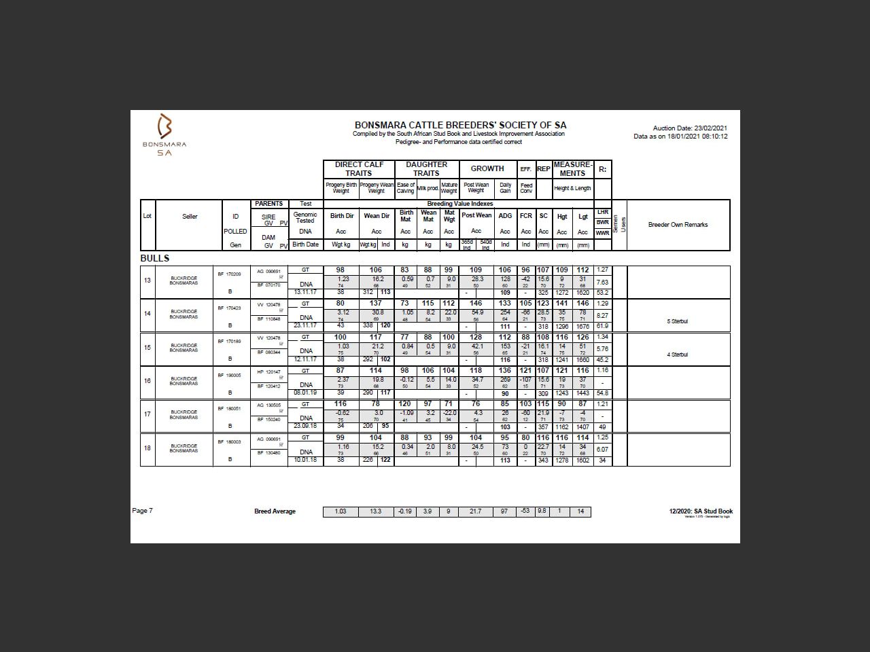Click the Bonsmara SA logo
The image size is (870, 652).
click(x=164, y=134)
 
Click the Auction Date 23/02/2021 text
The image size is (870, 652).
click(x=690, y=128)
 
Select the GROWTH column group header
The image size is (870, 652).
click(x=487, y=168)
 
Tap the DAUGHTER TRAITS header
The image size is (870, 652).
click(x=426, y=168)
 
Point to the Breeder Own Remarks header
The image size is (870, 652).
click(x=678, y=225)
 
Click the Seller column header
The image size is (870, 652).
click(x=190, y=217)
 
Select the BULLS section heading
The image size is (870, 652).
click(x=155, y=258)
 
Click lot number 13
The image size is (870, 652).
click(x=147, y=280)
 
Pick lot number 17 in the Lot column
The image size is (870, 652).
click(x=147, y=414)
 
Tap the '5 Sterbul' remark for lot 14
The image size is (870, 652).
click(x=678, y=321)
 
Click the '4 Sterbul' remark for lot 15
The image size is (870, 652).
click(x=678, y=355)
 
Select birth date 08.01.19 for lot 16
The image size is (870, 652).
click(x=305, y=393)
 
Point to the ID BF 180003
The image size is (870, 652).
click(x=229, y=441)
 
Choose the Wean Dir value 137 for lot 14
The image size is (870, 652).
click(x=376, y=304)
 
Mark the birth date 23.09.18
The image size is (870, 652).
click(x=305, y=426)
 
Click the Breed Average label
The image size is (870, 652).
click(x=275, y=511)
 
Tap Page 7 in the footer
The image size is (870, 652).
click(x=143, y=511)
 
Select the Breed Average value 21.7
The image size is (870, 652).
click(x=476, y=511)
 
